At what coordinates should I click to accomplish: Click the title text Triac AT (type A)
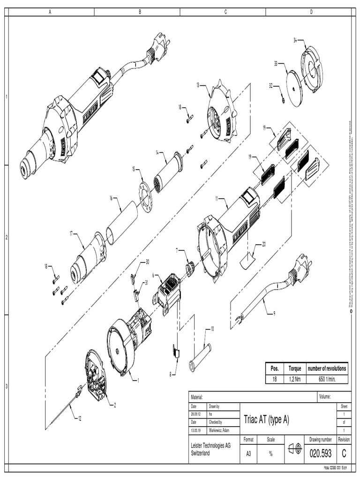tap(266, 420)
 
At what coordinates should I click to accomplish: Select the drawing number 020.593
tap(320, 453)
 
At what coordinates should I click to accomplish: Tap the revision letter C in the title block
tap(344, 453)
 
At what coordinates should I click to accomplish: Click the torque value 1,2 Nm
tap(294, 379)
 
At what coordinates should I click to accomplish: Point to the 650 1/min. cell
tap(327, 379)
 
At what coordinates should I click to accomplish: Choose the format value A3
tap(248, 454)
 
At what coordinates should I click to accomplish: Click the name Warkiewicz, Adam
tap(219, 430)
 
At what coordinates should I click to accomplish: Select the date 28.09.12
tap(195, 414)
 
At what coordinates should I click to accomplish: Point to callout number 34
tap(295, 40)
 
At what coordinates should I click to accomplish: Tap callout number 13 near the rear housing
tap(198, 85)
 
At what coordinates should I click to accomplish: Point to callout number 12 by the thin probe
tap(79, 418)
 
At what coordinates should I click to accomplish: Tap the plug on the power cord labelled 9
tap(299, 272)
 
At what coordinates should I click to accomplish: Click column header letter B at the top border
tap(139, 12)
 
